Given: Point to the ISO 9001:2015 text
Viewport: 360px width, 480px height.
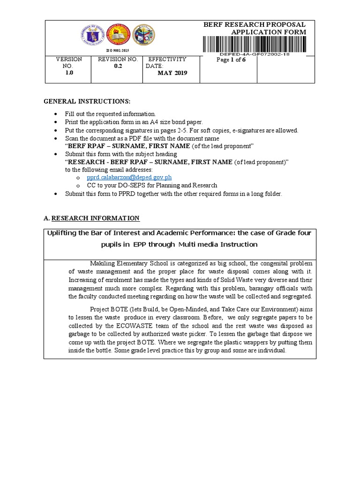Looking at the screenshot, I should (x=118, y=50).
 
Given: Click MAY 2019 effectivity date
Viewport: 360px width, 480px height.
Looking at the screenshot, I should (x=172, y=74).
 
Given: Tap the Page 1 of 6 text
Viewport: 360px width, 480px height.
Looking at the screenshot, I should (x=228, y=60).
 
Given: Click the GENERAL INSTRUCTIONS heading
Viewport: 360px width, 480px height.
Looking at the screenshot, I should (x=87, y=102).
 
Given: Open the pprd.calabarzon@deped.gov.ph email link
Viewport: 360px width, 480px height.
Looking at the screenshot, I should (x=129, y=178).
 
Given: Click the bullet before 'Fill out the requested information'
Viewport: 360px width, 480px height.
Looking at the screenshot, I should (x=56, y=114).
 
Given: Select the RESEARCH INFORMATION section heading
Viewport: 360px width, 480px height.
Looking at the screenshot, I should (x=95, y=218).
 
